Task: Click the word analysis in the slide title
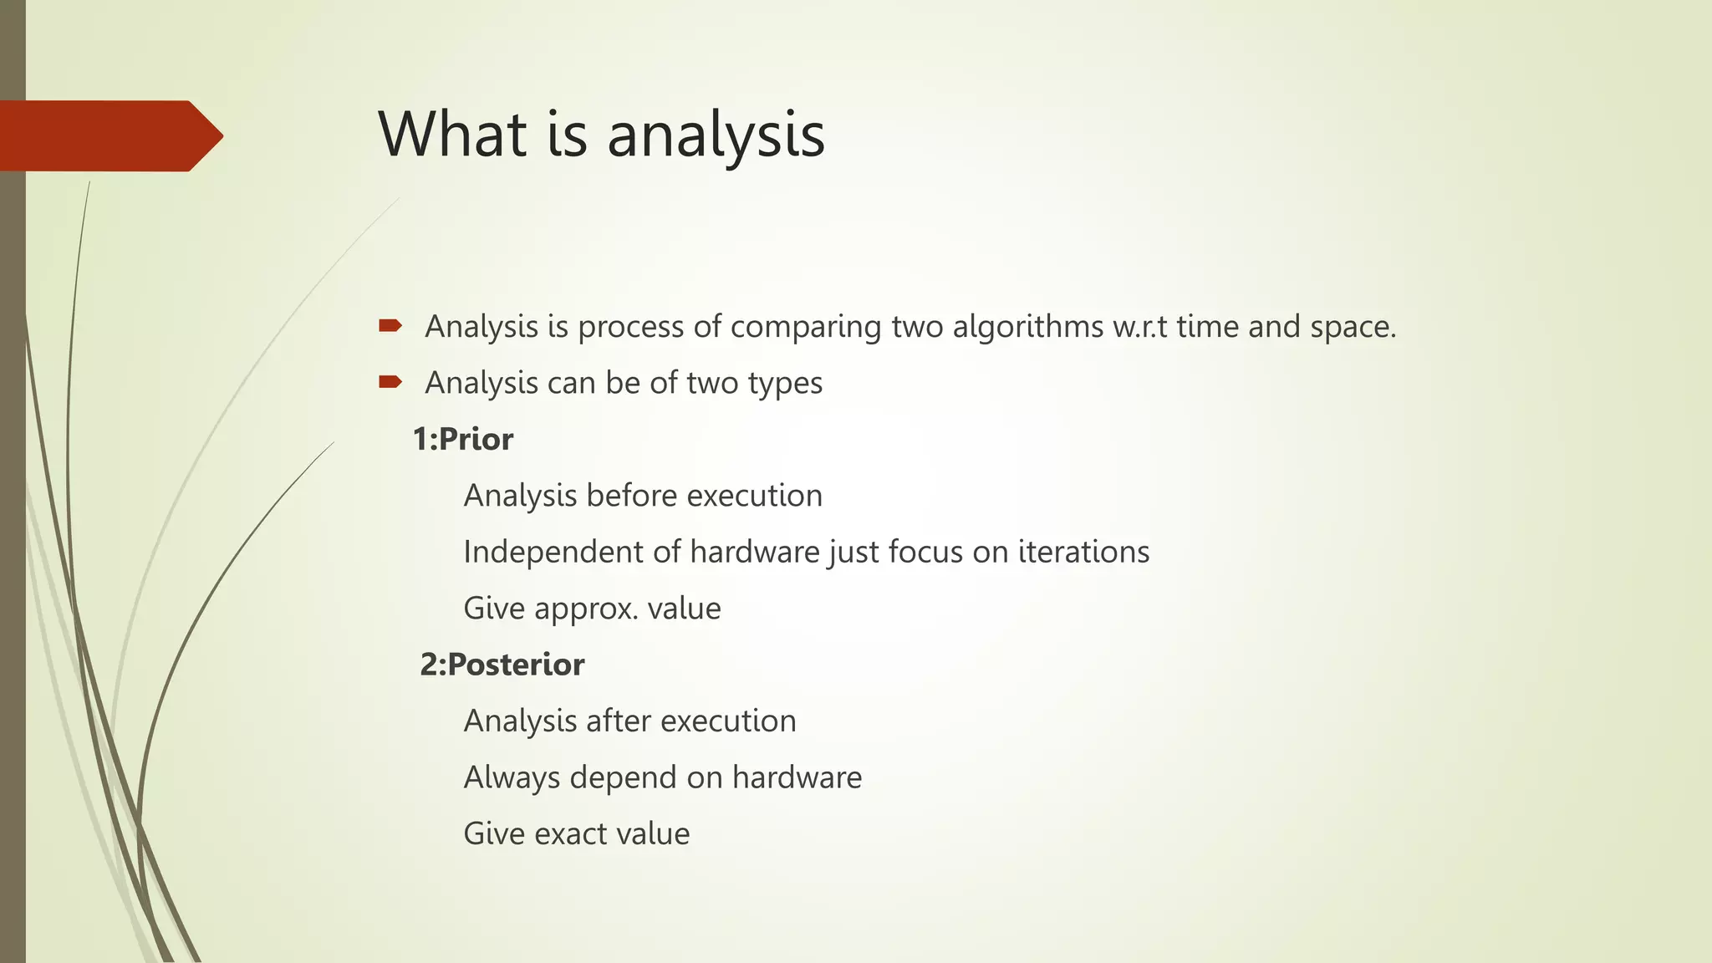tap(716, 135)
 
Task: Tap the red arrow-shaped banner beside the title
tap(109, 135)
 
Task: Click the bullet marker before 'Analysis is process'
tap(390, 326)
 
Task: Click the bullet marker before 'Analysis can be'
tap(390, 382)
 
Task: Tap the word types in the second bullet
tap(785, 384)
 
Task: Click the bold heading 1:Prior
tap(463, 439)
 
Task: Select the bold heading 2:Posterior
tap(502, 665)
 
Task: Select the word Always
tap(512, 777)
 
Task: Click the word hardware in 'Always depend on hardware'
tap(797, 777)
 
